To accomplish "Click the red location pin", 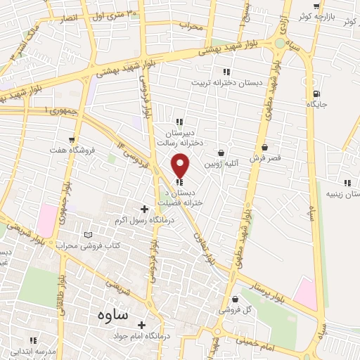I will (x=181, y=165).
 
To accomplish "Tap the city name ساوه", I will (x=109, y=315).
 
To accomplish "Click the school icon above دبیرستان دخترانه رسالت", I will (x=179, y=121).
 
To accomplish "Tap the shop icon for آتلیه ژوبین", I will (x=221, y=153).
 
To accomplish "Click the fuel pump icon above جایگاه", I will (x=317, y=94).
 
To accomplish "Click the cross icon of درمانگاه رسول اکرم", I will (x=145, y=209).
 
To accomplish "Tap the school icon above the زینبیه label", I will (x=347, y=183).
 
